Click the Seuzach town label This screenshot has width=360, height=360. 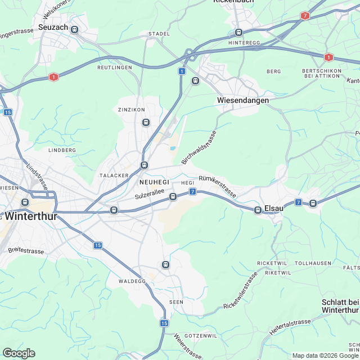pyautogui.click(x=53, y=27)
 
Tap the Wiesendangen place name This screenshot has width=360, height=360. pyautogui.click(x=242, y=100)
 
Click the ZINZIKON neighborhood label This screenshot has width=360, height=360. pyautogui.click(x=131, y=109)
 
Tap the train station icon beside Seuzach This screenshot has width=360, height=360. pyautogui.click(x=74, y=29)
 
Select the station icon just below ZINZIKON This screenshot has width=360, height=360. pyautogui.click(x=146, y=122)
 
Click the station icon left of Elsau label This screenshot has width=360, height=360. pyautogui.click(x=258, y=210)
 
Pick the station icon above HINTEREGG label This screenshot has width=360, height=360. pyautogui.click(x=238, y=32)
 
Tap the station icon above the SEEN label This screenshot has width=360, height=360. pyautogui.click(x=165, y=264)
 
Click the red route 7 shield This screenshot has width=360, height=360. pyautogui.click(x=305, y=16)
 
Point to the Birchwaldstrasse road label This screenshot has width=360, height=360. pyautogui.click(x=199, y=147)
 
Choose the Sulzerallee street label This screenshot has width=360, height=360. pyautogui.click(x=149, y=195)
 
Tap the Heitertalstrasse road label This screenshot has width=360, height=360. pyautogui.click(x=290, y=327)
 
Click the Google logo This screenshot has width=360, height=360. pyautogui.click(x=19, y=353)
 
